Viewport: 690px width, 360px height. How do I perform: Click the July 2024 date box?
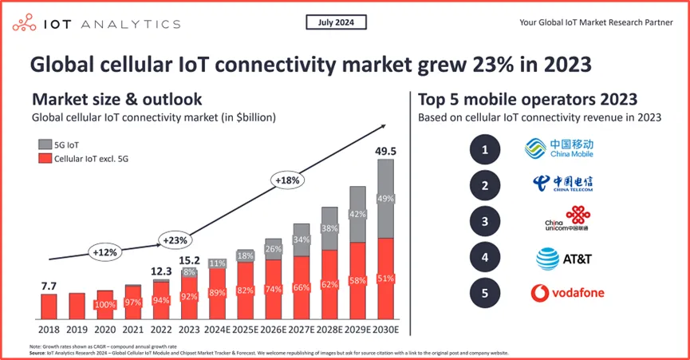pos(336,23)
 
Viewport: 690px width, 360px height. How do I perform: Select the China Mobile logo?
pos(558,148)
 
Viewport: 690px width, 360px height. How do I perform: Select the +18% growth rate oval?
pos(288,181)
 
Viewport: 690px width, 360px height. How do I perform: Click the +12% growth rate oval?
pos(104,251)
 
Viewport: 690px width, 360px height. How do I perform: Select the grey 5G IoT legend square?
pos(45,144)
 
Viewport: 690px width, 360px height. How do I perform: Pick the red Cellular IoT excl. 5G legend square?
pos(45,160)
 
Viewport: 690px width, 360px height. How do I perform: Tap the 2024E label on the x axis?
pos(217,329)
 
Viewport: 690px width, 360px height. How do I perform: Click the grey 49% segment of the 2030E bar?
pos(384,199)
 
